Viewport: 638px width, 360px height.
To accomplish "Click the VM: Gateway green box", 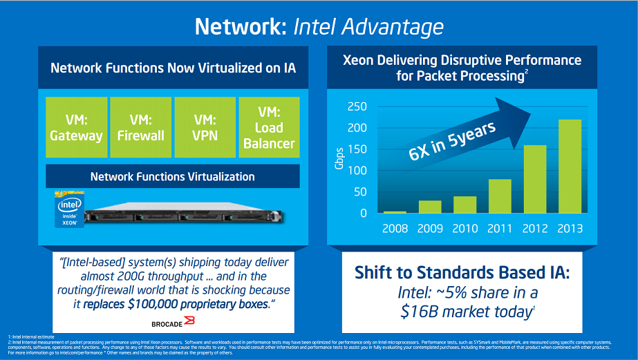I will [75, 126].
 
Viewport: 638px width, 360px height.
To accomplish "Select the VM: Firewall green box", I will [140, 126].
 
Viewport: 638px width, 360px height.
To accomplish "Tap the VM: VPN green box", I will [205, 126].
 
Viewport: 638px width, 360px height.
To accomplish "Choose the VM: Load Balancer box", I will [268, 126].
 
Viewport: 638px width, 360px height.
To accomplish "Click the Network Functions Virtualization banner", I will [172, 176].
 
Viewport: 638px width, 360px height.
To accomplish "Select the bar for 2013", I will [570, 167].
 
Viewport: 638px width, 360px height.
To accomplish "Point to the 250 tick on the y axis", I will [357, 106].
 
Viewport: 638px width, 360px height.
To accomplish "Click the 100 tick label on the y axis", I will [357, 171].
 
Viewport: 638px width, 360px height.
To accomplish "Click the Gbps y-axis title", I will [338, 160].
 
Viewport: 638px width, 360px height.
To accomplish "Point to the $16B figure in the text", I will [417, 312].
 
